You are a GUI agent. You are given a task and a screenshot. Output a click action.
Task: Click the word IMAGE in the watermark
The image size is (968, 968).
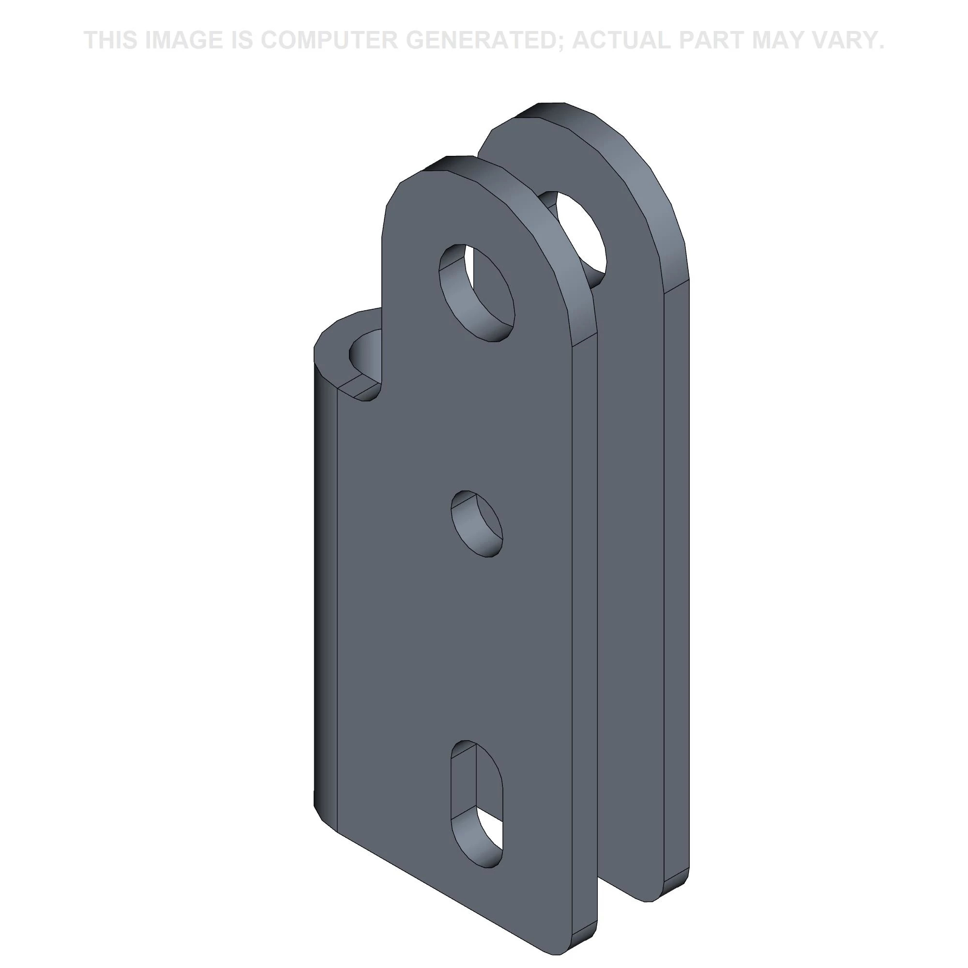[182, 40]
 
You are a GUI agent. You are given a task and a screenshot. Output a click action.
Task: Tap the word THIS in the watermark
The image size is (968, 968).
[111, 40]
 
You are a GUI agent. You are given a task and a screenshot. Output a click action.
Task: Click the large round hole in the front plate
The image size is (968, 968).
[477, 293]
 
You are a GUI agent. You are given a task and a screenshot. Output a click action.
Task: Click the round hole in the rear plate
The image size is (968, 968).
[576, 236]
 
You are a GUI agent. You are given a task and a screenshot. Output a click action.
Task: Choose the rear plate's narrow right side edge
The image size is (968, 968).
[677, 551]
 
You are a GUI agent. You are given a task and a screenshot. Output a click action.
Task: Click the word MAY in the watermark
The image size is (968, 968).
[790, 40]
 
